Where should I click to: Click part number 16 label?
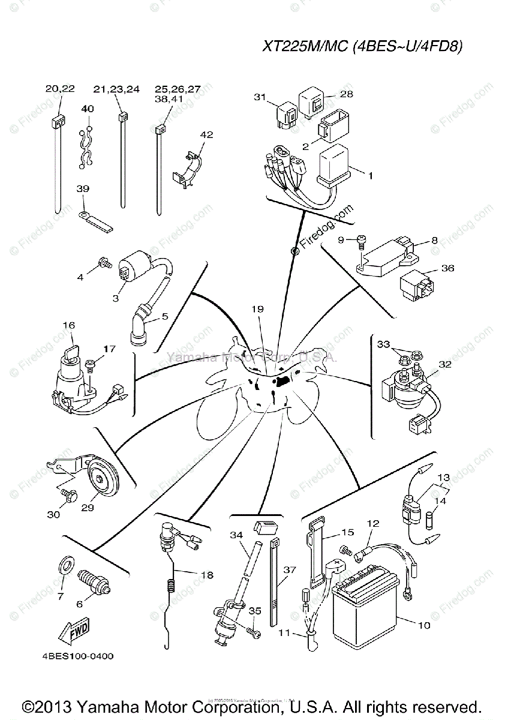coord(68,325)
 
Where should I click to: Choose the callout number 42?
coord(206,135)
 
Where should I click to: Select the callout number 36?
coord(447,268)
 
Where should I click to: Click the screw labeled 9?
coord(361,241)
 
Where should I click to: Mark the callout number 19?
coord(257,310)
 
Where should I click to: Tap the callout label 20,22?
coord(60,88)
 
